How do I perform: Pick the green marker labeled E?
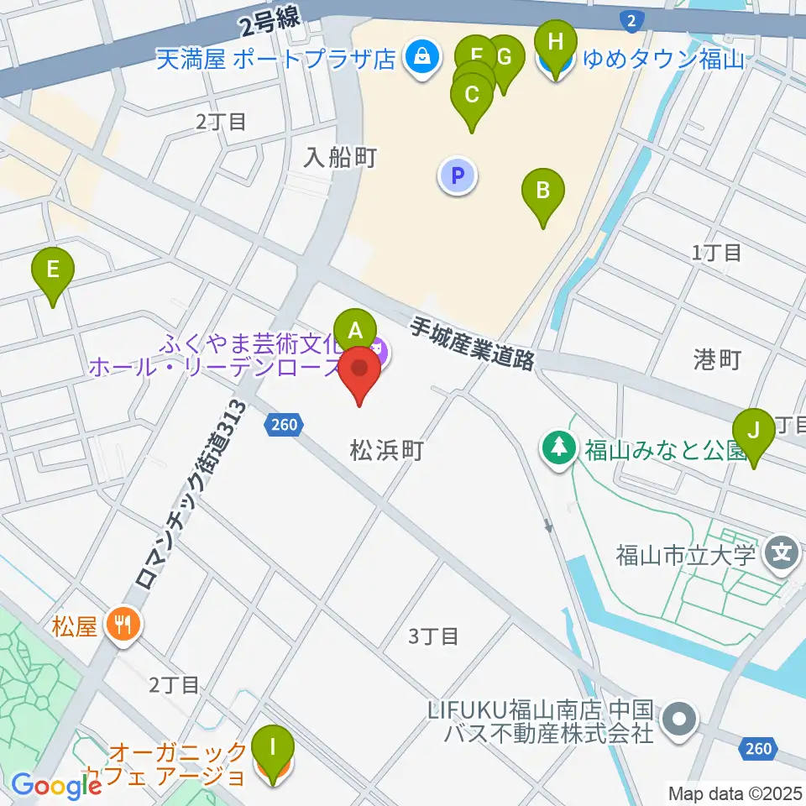click(x=53, y=271)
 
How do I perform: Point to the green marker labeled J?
click(x=753, y=432)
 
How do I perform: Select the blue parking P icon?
click(x=458, y=176)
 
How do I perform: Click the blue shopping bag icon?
click(x=417, y=58)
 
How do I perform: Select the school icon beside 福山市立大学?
click(x=782, y=553)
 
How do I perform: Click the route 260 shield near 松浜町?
click(x=284, y=426)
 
